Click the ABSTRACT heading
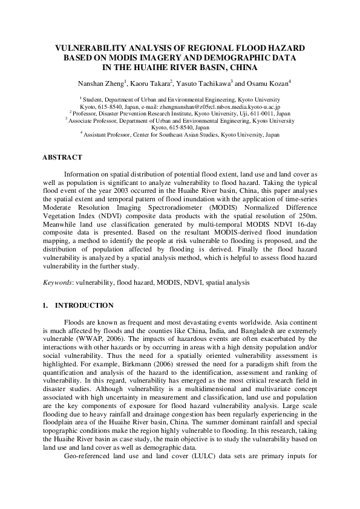[62, 157]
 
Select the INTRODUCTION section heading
[83, 305]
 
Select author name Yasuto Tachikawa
[205, 83]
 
